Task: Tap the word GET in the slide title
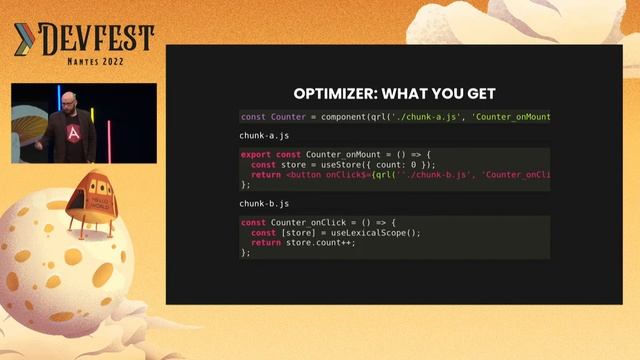[477, 94]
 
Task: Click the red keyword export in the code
[256, 154]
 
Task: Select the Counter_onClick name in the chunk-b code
[301, 222]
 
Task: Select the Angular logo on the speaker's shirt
[73, 133]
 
